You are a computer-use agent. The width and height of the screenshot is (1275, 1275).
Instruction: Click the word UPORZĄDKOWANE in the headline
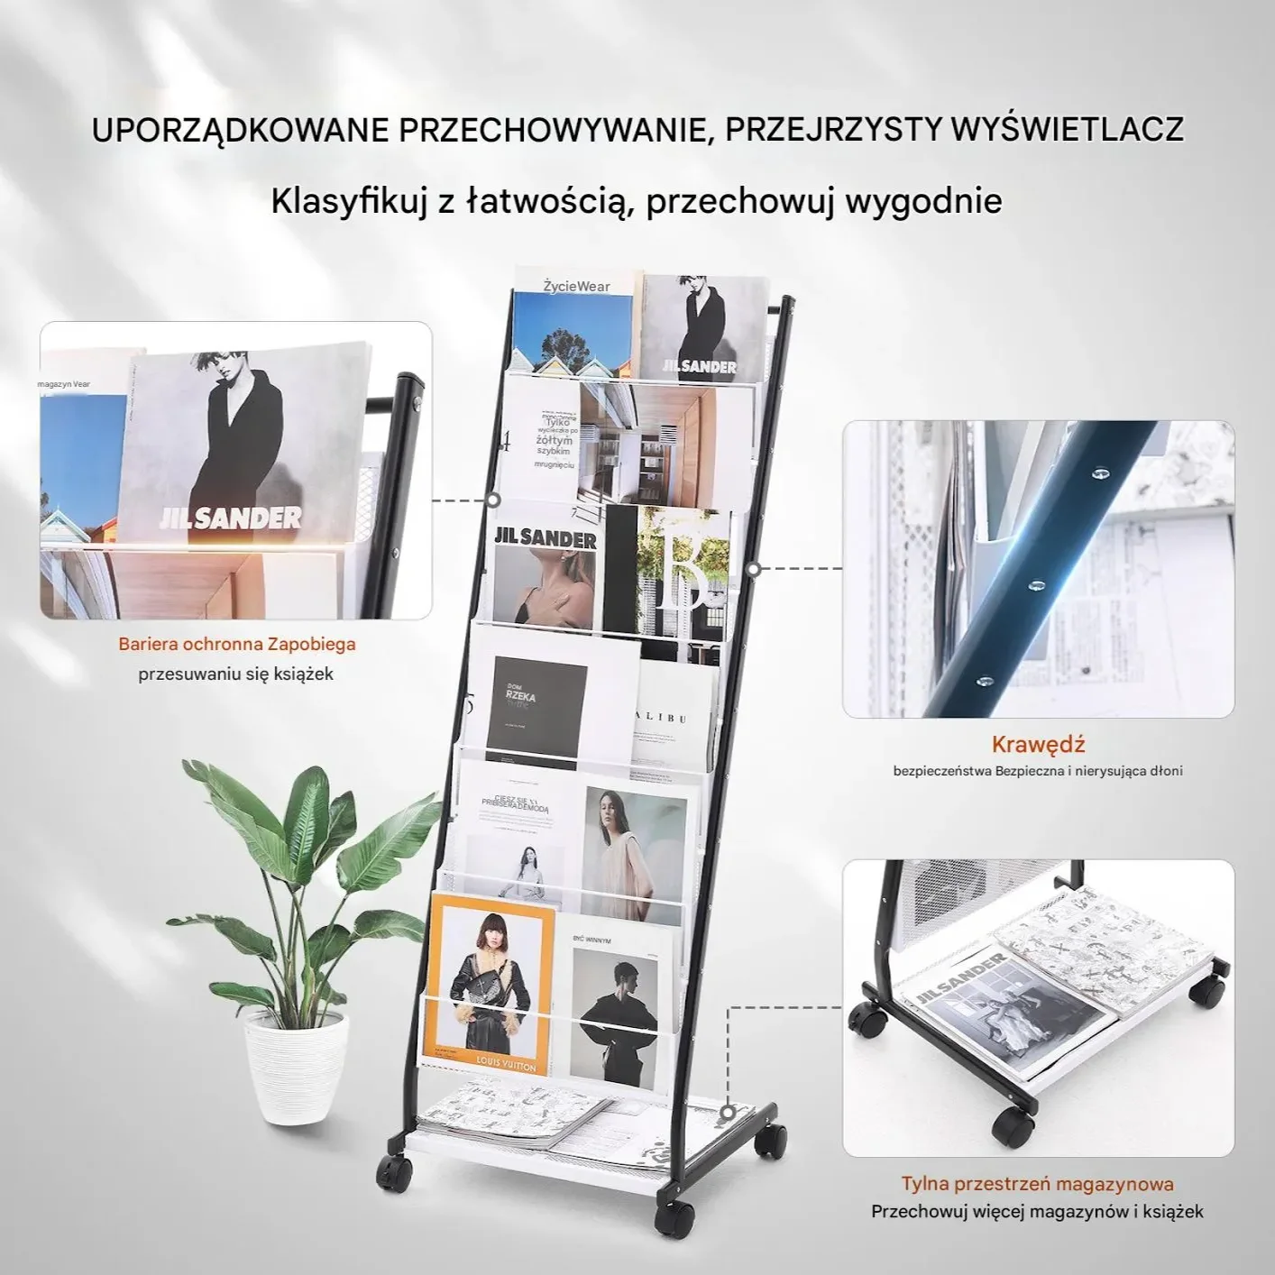pyautogui.click(x=240, y=130)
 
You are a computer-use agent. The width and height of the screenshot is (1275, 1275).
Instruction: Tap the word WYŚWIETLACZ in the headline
pyautogui.click(x=1067, y=130)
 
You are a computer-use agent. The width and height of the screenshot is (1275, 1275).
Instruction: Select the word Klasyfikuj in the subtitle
pyautogui.click(x=349, y=200)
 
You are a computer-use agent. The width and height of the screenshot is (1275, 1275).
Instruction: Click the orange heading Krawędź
pyautogui.click(x=1038, y=745)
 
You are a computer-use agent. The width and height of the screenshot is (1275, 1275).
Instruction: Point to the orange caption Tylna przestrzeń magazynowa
pyautogui.click(x=1037, y=1184)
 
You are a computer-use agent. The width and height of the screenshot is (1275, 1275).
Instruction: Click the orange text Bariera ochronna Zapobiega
pyautogui.click(x=237, y=644)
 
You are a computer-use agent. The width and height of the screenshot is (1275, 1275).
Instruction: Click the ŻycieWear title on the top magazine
pyautogui.click(x=576, y=287)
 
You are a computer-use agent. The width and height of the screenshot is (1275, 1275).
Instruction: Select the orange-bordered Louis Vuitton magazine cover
pyautogui.click(x=487, y=983)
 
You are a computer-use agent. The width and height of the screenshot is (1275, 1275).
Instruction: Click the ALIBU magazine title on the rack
pyautogui.click(x=663, y=718)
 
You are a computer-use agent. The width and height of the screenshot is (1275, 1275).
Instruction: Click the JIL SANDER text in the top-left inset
pyautogui.click(x=230, y=518)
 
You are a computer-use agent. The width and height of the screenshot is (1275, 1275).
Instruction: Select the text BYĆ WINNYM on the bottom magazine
pyautogui.click(x=592, y=940)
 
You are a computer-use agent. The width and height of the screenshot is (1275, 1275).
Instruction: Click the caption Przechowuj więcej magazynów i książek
pyautogui.click(x=1037, y=1212)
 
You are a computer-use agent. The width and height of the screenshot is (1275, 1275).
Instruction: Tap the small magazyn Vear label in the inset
pyautogui.click(x=64, y=384)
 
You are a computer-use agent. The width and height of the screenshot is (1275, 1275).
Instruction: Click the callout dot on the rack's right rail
pyautogui.click(x=754, y=569)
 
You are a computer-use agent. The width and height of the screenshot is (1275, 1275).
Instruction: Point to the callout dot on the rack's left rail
pyautogui.click(x=493, y=500)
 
